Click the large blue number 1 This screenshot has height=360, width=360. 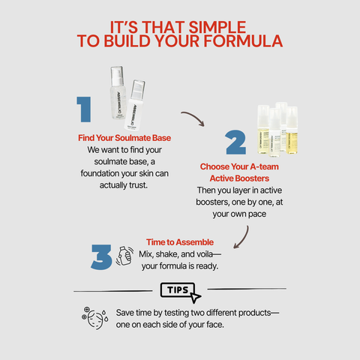[84, 109]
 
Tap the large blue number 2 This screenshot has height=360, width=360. [235, 142]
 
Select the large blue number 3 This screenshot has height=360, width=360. [101, 257]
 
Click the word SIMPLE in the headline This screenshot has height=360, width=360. [217, 27]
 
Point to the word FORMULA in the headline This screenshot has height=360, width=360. [243, 41]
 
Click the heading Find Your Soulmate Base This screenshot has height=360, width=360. [124, 138]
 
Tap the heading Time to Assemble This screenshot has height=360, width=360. [180, 242]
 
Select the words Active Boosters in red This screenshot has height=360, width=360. [239, 178]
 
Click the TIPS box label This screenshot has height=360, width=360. [178, 290]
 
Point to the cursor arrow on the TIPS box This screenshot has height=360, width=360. [195, 298]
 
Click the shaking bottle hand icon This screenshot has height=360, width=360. [124, 256]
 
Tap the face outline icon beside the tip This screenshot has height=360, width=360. [95, 318]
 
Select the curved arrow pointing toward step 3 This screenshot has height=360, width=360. [243, 239]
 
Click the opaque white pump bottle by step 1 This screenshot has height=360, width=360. [135, 105]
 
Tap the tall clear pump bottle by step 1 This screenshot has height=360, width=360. [118, 92]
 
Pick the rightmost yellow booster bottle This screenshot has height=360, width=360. [292, 130]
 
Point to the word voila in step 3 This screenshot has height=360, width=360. [205, 254]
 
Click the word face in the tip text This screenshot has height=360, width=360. [215, 325]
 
